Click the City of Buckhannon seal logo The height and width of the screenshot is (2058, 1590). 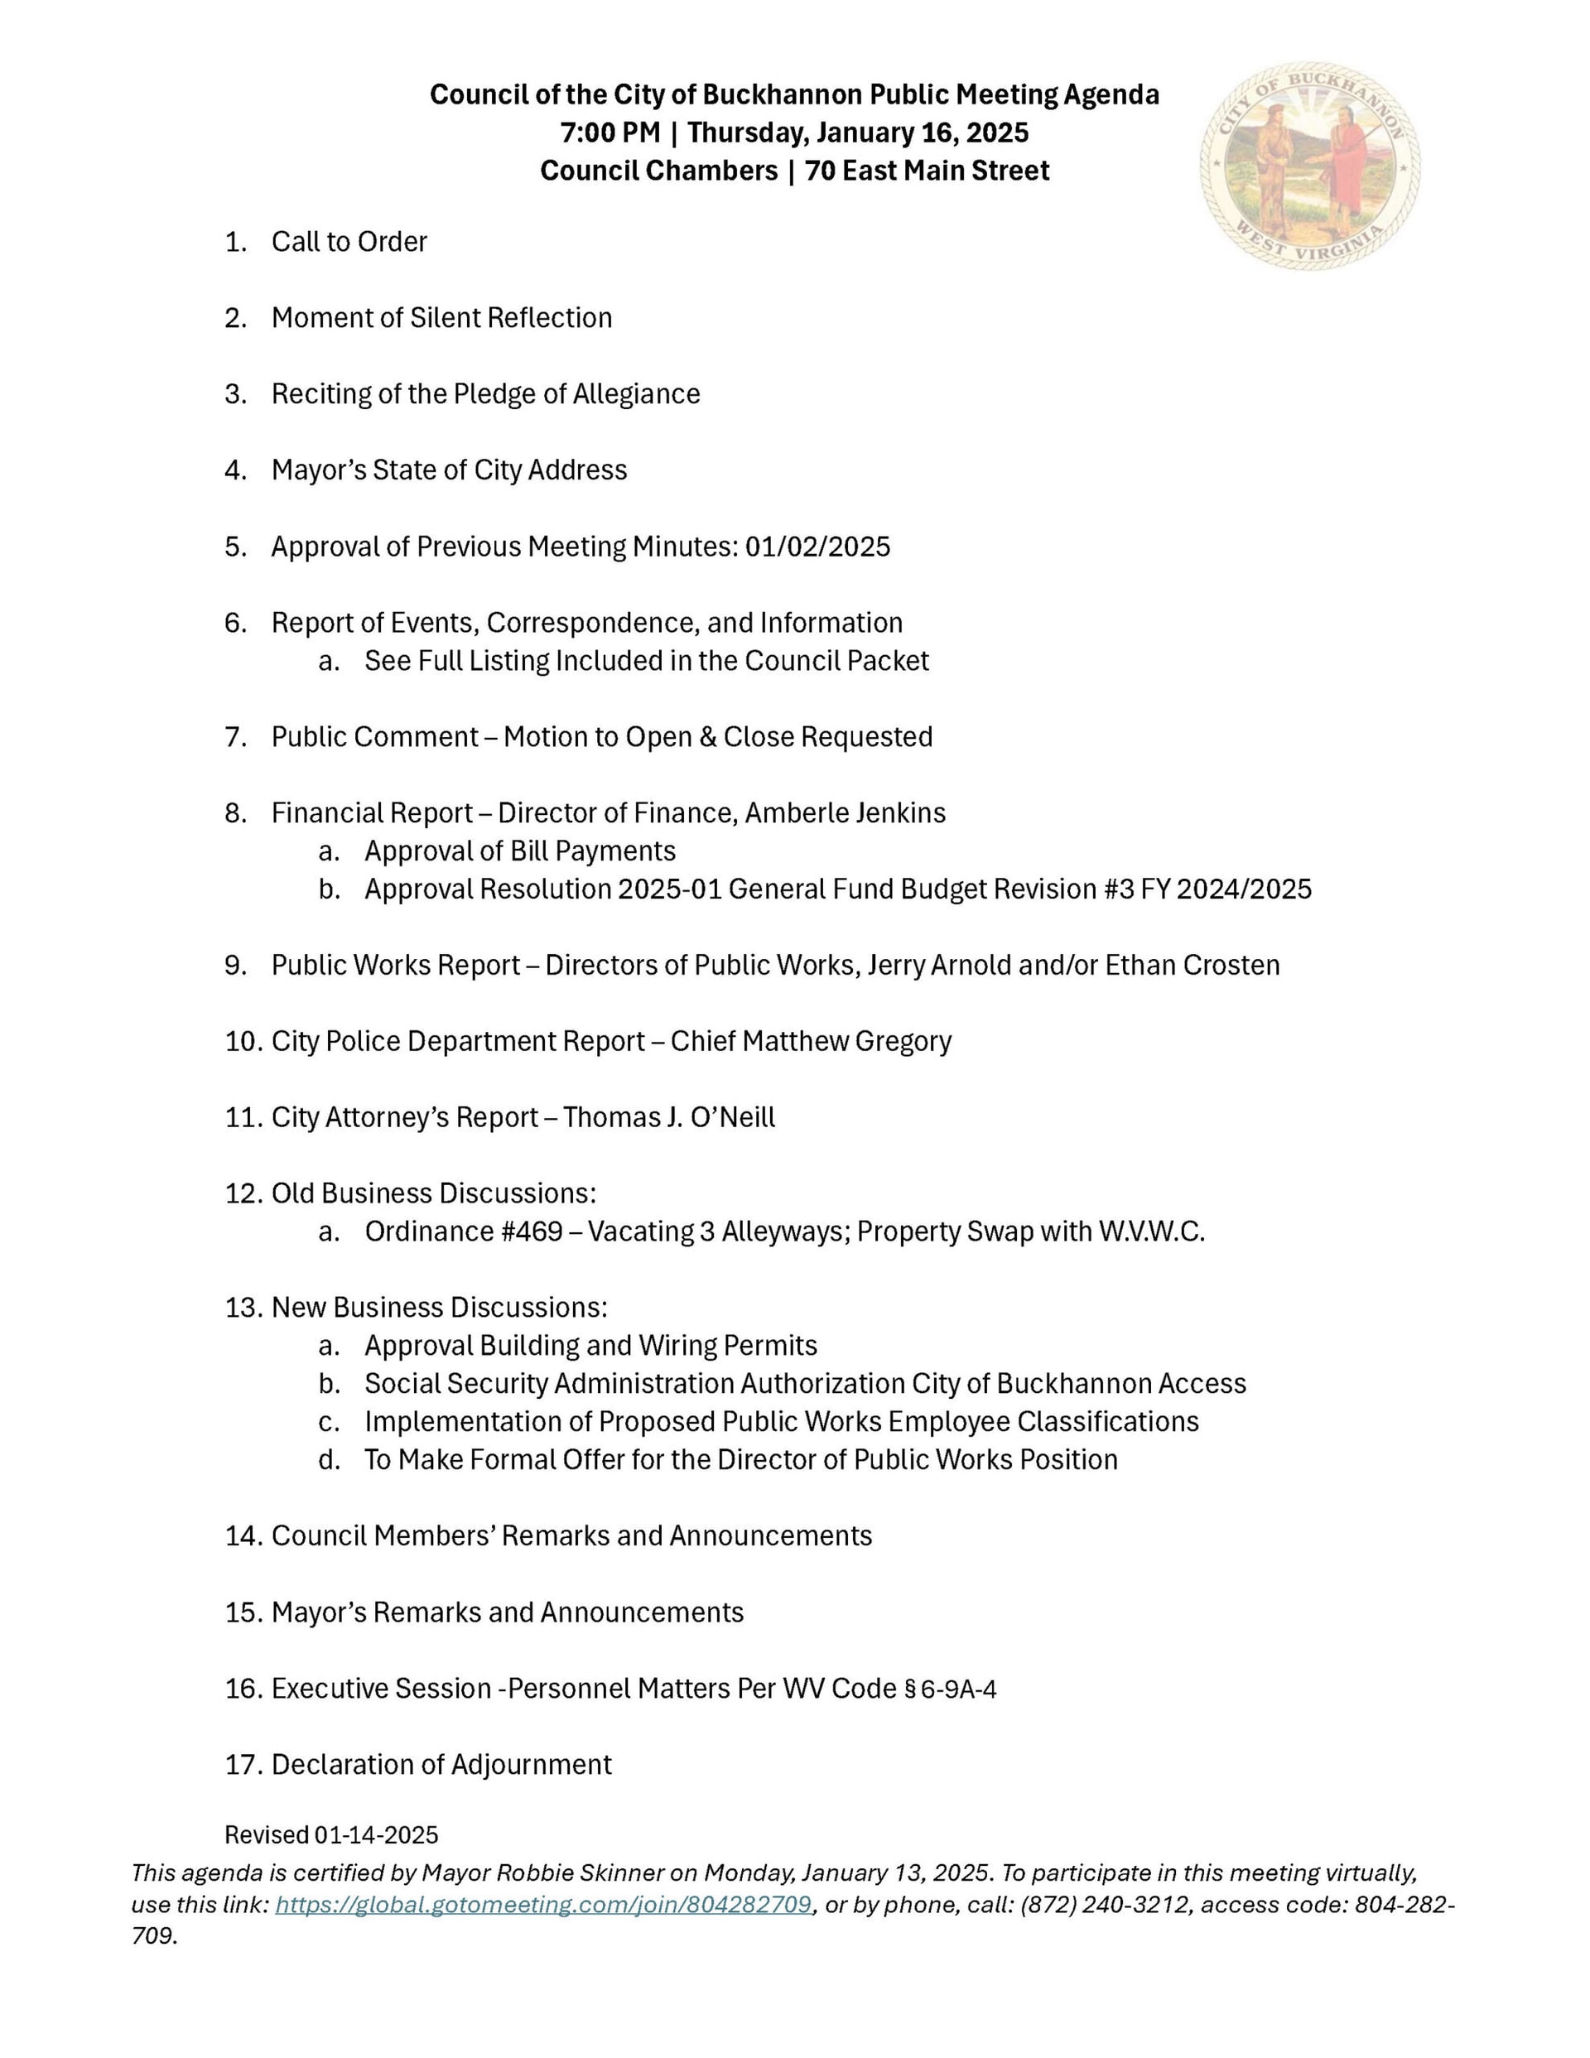click(1309, 166)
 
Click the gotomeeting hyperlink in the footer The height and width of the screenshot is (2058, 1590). click(543, 1905)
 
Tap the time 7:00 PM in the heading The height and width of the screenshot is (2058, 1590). click(609, 133)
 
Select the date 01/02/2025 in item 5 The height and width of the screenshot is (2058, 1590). click(817, 547)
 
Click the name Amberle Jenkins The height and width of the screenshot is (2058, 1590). click(846, 812)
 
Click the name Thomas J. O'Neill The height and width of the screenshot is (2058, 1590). click(669, 1117)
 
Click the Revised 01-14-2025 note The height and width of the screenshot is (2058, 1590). click(330, 1834)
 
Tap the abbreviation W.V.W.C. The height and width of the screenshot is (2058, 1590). click(1152, 1231)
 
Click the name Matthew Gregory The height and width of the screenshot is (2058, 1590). click(846, 1041)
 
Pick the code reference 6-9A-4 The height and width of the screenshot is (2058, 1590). click(957, 1689)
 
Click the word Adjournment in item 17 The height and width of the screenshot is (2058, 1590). click(531, 1765)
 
